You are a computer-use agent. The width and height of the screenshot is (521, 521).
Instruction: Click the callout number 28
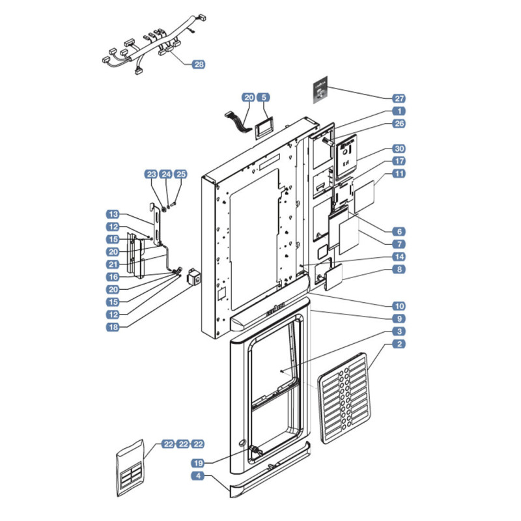[199, 64]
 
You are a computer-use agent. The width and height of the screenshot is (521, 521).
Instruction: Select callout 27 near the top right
[399, 98]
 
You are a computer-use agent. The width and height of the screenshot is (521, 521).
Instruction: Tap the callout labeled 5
[264, 97]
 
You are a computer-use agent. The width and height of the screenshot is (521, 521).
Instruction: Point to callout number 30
[399, 148]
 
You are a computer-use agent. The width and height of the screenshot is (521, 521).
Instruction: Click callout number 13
[113, 214]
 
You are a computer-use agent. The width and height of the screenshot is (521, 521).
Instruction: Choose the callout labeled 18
[113, 327]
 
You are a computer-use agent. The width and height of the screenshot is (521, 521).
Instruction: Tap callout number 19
[199, 463]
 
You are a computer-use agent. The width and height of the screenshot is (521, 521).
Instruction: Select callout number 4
[198, 476]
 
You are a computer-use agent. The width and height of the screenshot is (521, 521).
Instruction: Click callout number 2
[399, 344]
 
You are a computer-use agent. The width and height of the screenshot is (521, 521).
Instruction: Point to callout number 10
[399, 306]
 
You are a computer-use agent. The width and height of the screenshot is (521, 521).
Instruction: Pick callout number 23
[152, 174]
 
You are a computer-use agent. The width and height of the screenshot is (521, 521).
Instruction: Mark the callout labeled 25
[181, 174]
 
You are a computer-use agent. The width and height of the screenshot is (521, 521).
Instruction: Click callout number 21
[113, 264]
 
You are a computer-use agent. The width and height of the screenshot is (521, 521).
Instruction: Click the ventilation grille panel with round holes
[344, 398]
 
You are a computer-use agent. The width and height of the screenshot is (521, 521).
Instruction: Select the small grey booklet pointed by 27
[320, 90]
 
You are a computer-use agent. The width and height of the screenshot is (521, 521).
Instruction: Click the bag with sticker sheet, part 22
[130, 468]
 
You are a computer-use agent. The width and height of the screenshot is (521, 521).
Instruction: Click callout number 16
[113, 277]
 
